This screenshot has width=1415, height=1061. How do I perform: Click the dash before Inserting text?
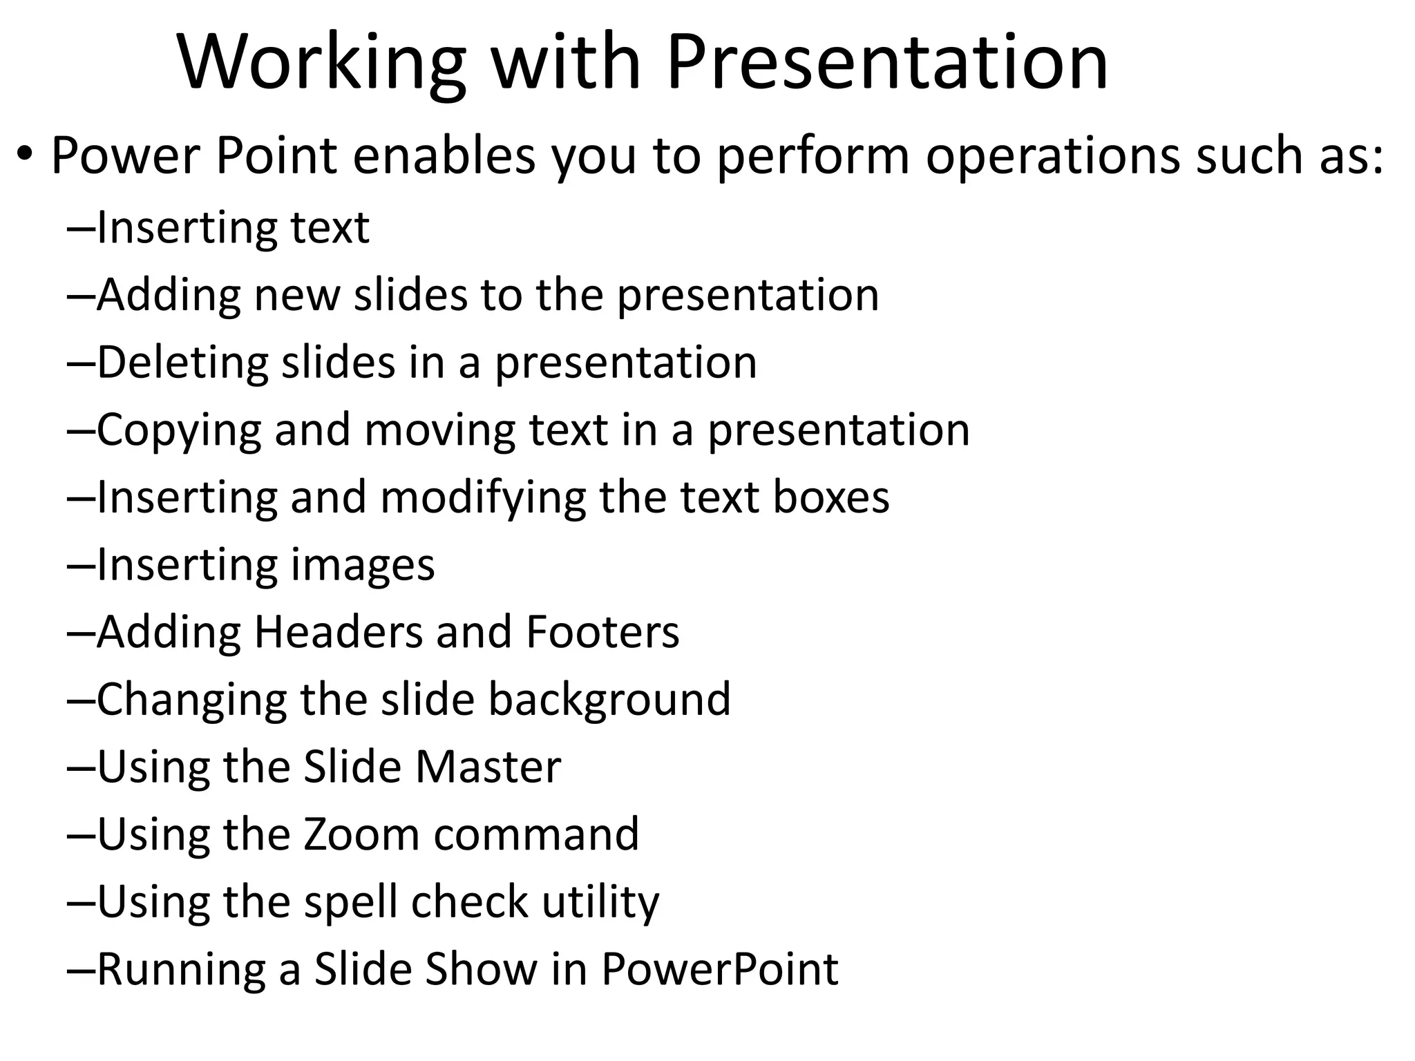coord(82,228)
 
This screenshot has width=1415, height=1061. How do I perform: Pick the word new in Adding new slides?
coord(297,296)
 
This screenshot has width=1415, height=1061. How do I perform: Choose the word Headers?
coord(338,632)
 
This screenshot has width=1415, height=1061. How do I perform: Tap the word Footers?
coord(602,632)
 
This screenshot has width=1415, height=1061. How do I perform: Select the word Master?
coord(488,767)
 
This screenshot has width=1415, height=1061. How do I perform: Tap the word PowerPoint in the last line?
coord(719,969)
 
